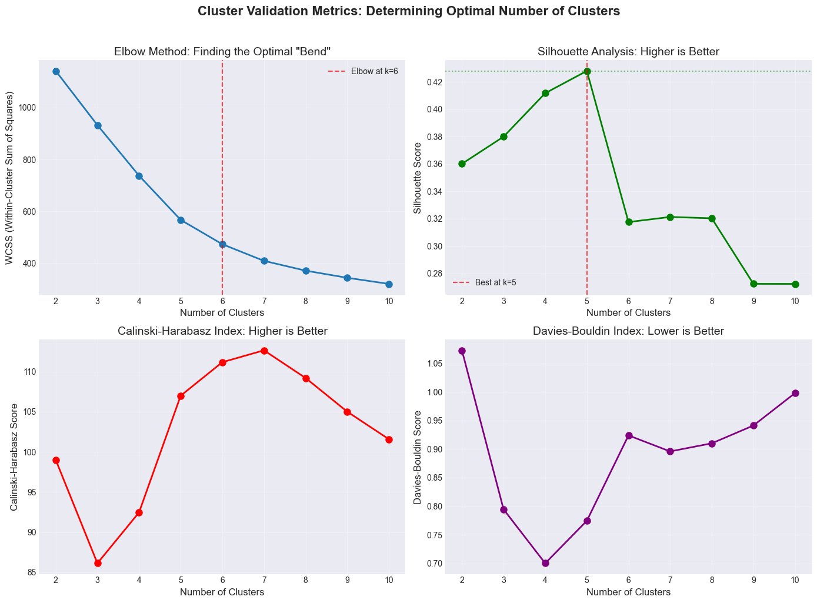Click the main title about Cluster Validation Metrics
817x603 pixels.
point(408,11)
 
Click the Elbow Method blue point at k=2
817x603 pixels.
point(56,71)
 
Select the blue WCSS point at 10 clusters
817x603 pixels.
point(389,284)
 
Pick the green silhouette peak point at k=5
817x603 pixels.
point(587,71)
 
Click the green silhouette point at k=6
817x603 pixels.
point(629,222)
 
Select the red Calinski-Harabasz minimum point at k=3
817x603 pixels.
point(98,563)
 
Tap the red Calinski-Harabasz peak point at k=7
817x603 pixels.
point(264,351)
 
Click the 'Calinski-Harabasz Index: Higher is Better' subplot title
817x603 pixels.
point(222,332)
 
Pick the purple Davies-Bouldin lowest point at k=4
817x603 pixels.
point(545,563)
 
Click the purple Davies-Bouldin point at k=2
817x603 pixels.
point(462,351)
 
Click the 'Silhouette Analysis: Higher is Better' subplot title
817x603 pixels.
point(628,52)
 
